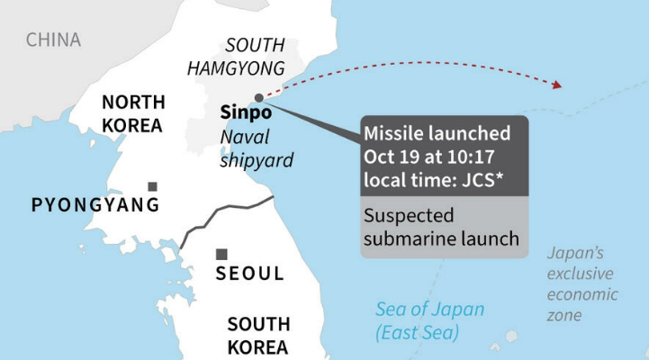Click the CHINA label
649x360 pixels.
tap(53, 40)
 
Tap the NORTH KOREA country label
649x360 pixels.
tap(131, 113)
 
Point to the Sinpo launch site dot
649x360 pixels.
tap(259, 97)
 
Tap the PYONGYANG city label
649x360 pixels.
tap(95, 205)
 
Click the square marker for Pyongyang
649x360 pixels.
tap(152, 186)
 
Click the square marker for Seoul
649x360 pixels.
tap(221, 254)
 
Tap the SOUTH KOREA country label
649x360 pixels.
tap(257, 335)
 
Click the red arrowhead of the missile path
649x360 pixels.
tap(558, 85)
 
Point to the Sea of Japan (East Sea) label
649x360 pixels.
tap(430, 321)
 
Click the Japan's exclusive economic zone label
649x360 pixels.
tap(582, 283)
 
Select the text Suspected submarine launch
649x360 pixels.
tap(441, 229)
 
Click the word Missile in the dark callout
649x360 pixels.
tap(391, 134)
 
